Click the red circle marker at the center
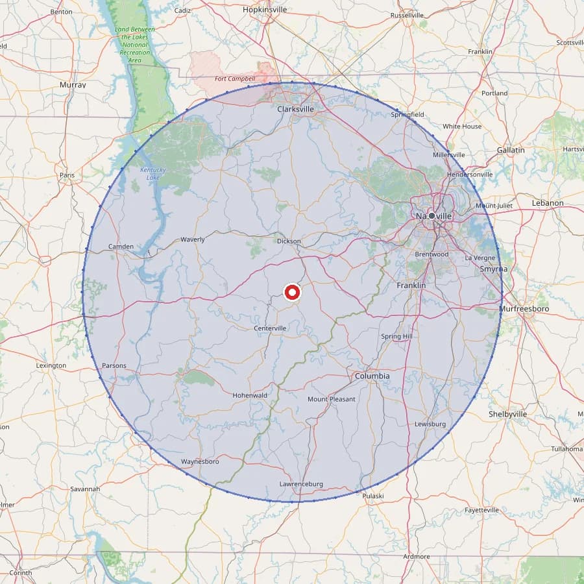292,293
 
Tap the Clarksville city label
295,109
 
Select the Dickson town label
289,241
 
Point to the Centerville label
270,328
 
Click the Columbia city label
372,376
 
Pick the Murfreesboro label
524,309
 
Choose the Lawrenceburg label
301,484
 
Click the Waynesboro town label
200,461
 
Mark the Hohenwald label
250,395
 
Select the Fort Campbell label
235,79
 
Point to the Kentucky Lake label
154,173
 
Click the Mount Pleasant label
332,399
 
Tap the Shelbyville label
507,414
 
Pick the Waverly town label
193,239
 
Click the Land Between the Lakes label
135,45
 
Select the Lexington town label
51,365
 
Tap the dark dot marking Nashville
432,215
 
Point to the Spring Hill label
396,337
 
